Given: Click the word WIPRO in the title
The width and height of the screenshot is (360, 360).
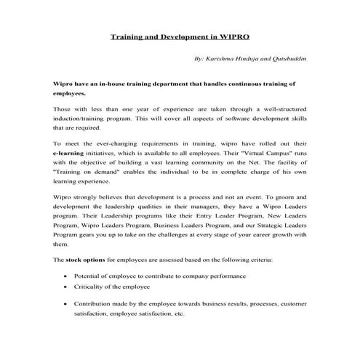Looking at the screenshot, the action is click(x=233, y=35).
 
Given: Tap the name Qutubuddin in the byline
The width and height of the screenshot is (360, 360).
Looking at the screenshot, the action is click(x=284, y=57).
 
